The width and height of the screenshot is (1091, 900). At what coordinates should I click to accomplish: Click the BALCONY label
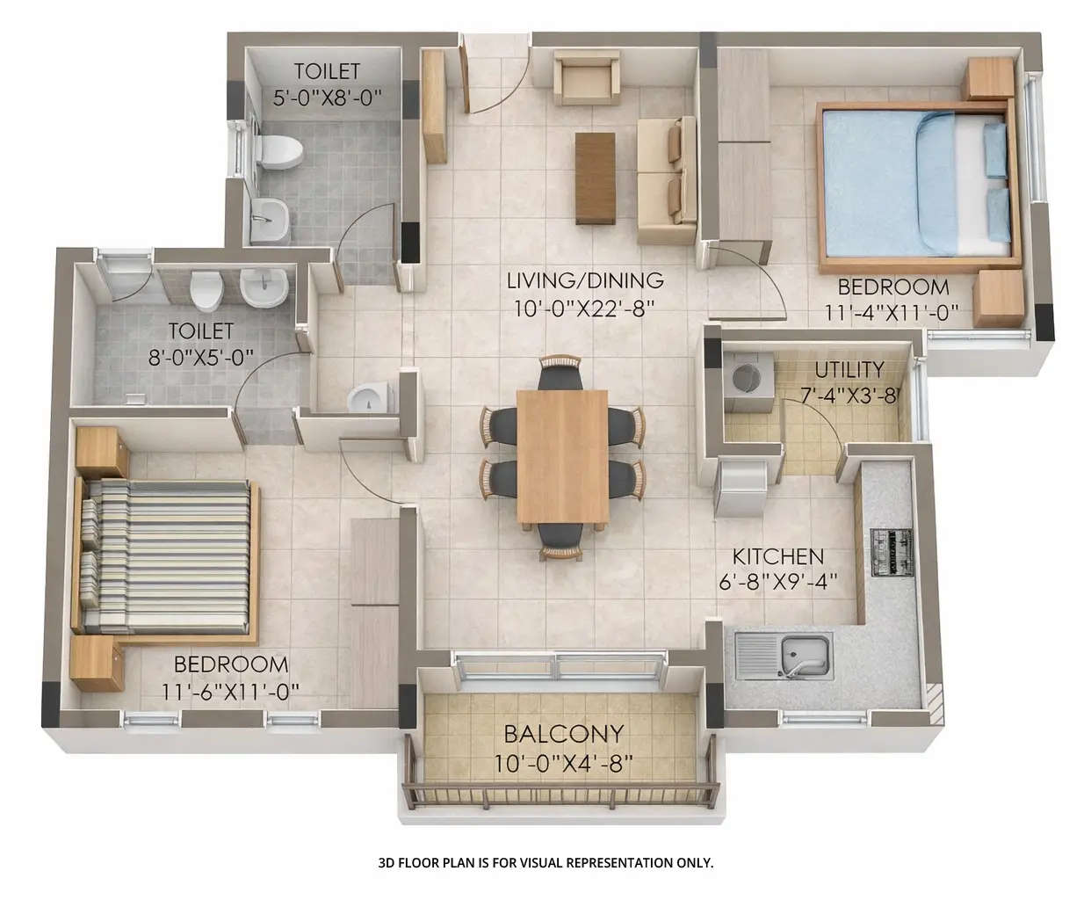click(563, 733)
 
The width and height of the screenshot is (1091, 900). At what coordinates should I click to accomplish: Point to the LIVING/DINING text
click(585, 281)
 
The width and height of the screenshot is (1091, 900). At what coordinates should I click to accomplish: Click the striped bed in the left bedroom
click(167, 555)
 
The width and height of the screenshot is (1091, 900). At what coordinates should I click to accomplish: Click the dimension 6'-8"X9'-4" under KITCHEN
click(777, 580)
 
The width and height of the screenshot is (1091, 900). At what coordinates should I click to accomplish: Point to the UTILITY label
click(849, 369)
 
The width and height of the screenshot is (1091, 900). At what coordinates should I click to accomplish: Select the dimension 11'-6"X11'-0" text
click(230, 692)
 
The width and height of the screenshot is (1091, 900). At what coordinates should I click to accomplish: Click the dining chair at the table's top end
click(560, 373)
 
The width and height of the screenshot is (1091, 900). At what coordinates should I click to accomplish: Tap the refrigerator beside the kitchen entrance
click(743, 489)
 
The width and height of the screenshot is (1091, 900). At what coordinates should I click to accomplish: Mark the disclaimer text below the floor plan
click(545, 863)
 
